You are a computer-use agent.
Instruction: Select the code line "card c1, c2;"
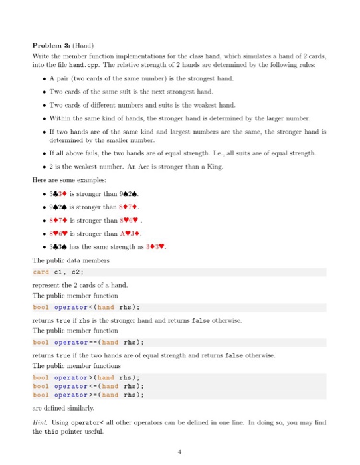(57, 272)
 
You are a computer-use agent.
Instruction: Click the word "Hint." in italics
(41, 420)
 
